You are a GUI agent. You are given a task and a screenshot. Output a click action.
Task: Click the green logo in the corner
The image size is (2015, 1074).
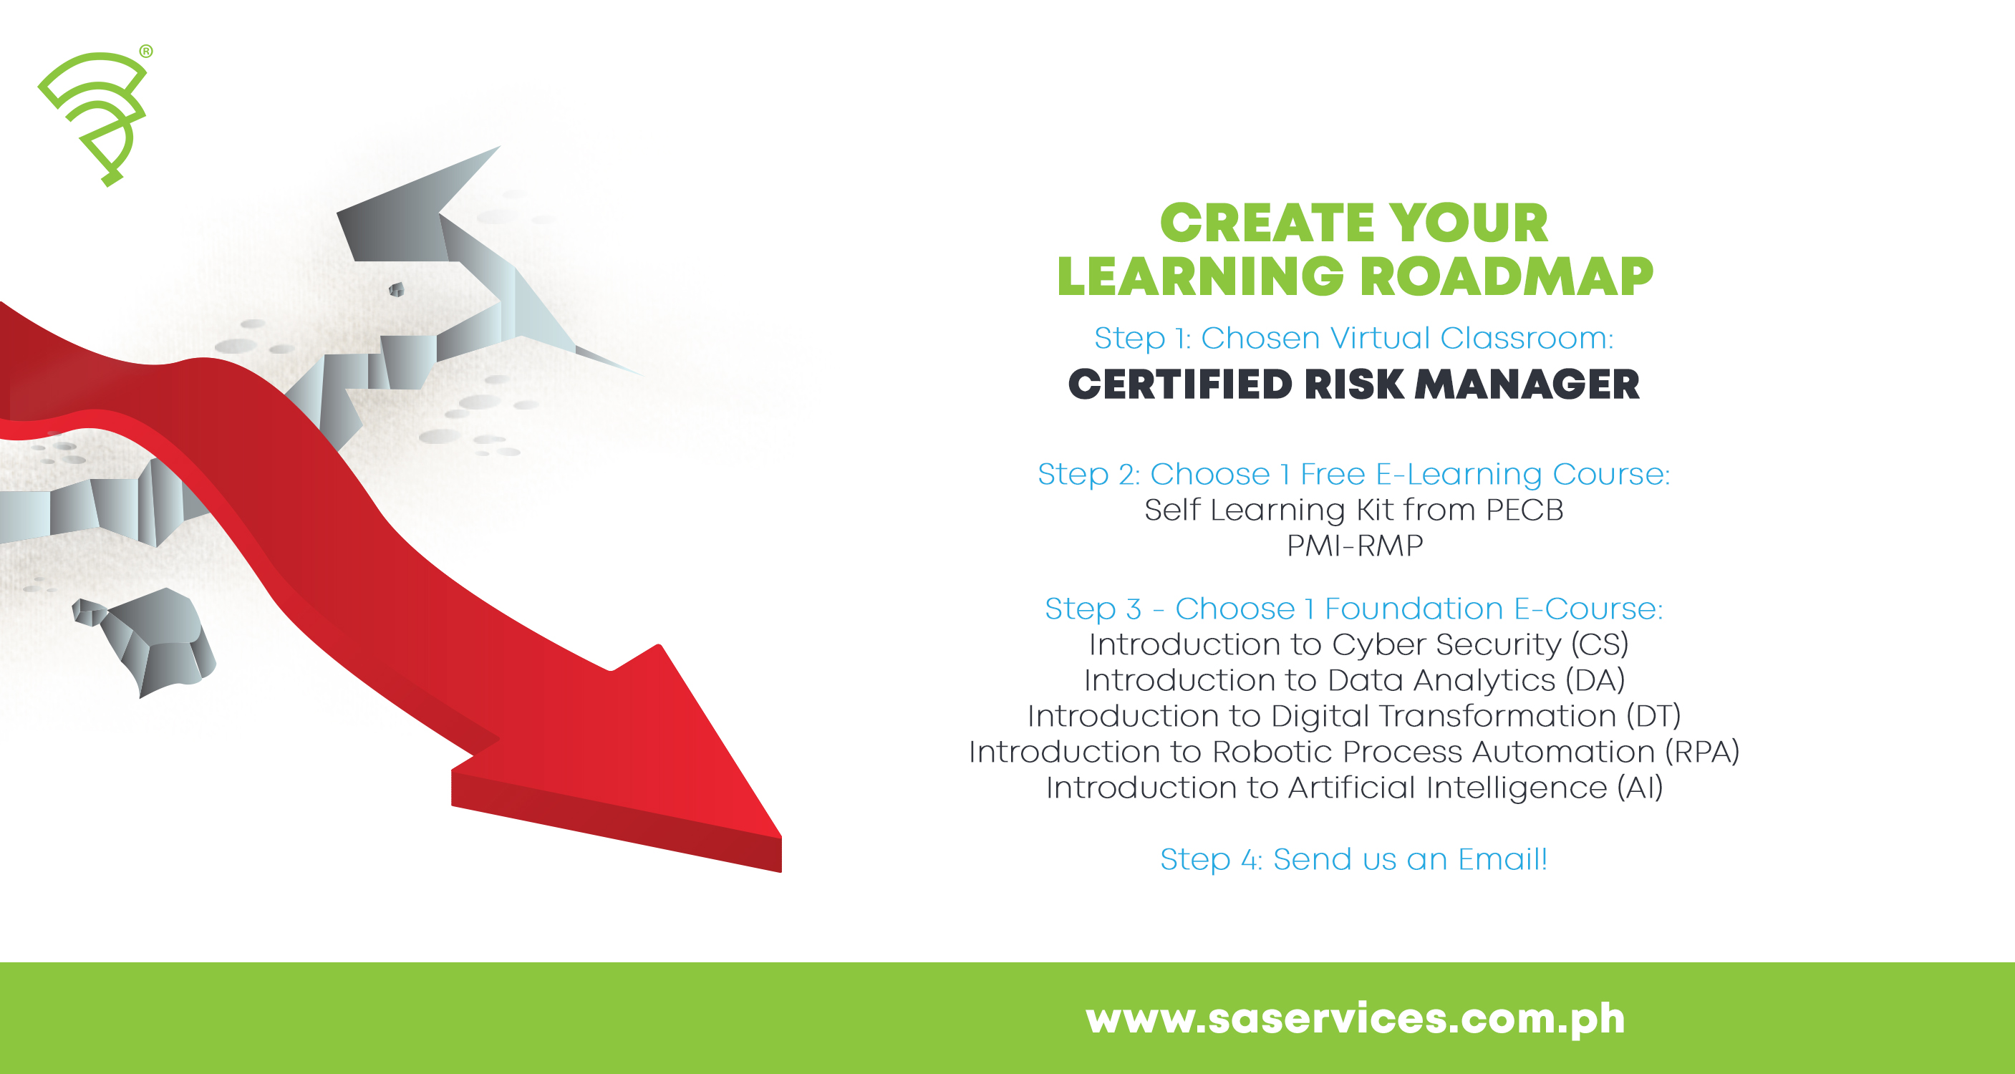click(x=94, y=117)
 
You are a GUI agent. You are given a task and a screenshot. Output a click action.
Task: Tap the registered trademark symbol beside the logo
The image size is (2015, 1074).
click(x=146, y=52)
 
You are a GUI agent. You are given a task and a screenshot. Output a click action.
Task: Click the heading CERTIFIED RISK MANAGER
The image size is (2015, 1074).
click(x=1353, y=385)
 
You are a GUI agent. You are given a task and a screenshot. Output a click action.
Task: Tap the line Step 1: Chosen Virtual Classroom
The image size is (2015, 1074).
click(x=1353, y=339)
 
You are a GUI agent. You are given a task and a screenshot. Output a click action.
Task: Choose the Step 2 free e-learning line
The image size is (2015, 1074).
click(x=1353, y=474)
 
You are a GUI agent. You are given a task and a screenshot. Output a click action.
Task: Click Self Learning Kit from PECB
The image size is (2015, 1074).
click(x=1353, y=510)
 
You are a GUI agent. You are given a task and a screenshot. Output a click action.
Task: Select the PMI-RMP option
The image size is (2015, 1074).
click(x=1355, y=545)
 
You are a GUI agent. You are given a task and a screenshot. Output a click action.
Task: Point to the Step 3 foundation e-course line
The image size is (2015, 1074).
click(x=1353, y=609)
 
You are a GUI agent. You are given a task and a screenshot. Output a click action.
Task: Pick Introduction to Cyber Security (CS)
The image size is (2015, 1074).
click(x=1358, y=644)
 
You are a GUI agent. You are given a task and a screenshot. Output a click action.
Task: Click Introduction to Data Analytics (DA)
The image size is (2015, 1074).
click(x=1354, y=680)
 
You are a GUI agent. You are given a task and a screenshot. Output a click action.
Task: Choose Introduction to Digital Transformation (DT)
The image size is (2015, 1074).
click(x=1353, y=716)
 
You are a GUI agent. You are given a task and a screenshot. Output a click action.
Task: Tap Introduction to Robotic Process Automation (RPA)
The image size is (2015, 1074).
click(x=1353, y=752)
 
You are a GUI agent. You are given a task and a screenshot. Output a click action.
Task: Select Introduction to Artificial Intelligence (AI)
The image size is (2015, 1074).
click(x=1354, y=788)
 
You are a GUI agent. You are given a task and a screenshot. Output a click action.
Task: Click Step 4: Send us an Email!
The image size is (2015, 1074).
click(x=1353, y=860)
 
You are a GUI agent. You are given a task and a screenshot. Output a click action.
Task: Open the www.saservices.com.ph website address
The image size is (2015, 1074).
click(x=1355, y=1018)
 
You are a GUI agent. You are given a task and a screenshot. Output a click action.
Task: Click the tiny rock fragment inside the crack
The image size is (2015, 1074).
click(x=397, y=290)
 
